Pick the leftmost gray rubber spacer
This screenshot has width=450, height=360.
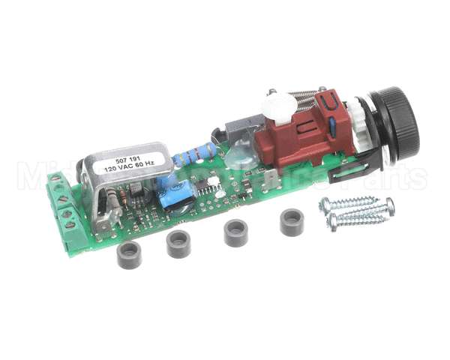[130, 255]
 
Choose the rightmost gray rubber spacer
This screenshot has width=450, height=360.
[291, 223]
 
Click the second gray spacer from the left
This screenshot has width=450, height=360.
[178, 244]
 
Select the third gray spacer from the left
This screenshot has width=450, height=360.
[236, 232]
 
